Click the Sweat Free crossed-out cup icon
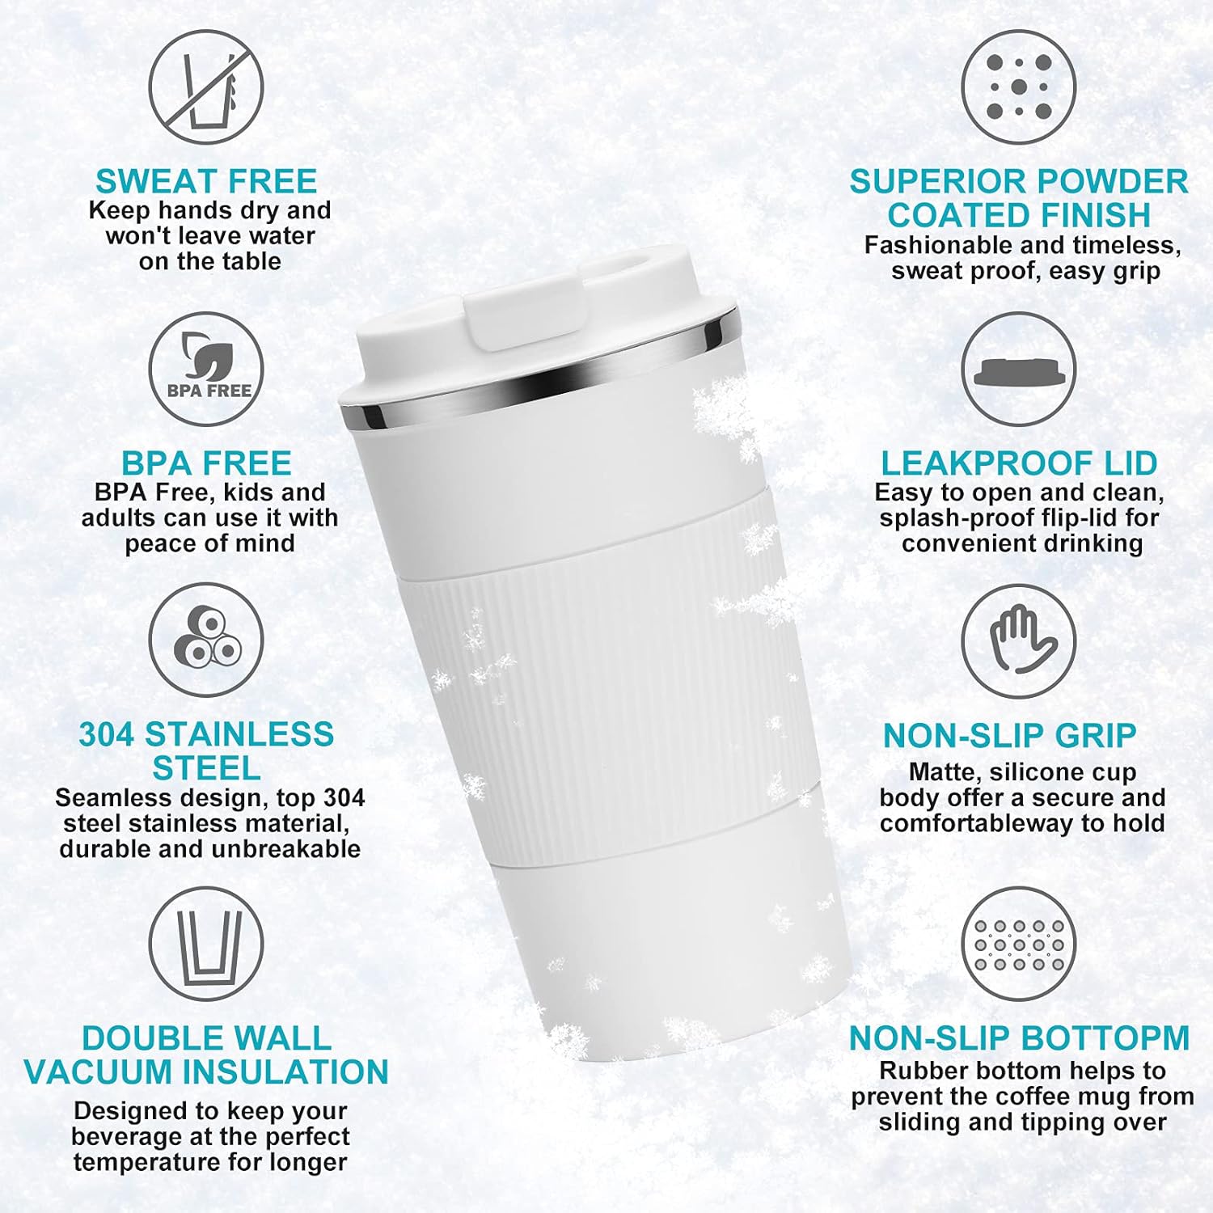(x=206, y=87)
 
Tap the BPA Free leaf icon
(x=206, y=370)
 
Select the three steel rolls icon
(x=206, y=640)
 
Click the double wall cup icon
(x=206, y=944)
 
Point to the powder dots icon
(x=1019, y=87)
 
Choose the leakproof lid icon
(x=1019, y=370)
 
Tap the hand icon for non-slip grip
(x=1019, y=641)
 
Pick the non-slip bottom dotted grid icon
(x=1019, y=945)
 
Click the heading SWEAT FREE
(x=206, y=181)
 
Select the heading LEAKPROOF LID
(x=1019, y=463)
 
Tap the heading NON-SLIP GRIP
(x=1009, y=735)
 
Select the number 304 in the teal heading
(x=108, y=734)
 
